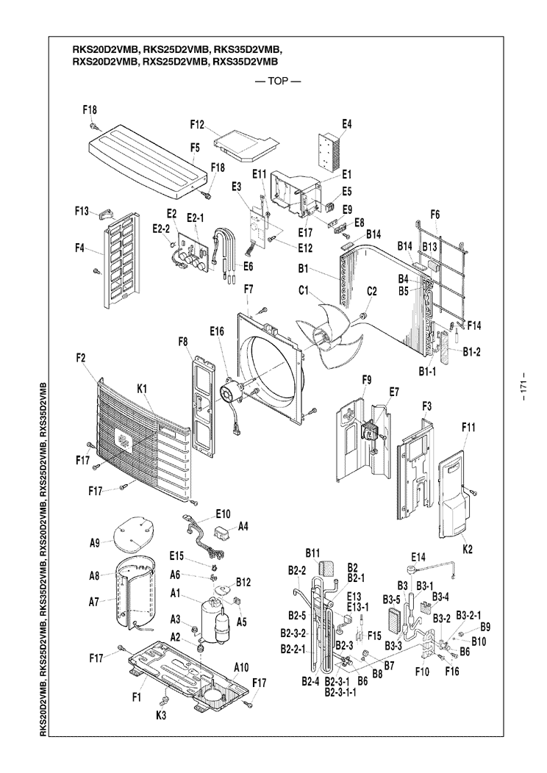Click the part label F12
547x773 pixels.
point(196,125)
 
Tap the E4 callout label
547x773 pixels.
point(346,124)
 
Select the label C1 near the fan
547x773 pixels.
point(304,292)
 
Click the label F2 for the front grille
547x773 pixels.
point(80,358)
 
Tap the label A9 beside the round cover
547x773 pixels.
point(95,544)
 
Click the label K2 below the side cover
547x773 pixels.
point(467,549)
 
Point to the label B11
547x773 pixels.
point(312,553)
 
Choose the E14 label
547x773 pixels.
point(419,556)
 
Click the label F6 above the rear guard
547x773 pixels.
point(435,215)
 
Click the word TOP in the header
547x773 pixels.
point(279,82)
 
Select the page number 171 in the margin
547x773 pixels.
point(524,390)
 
